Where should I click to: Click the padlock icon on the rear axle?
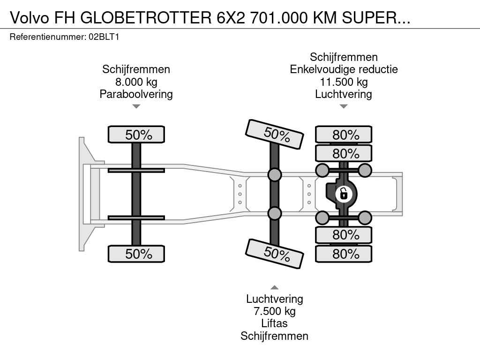pyautogui.click(x=344, y=194)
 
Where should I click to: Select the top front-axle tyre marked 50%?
pyautogui.click(x=136, y=135)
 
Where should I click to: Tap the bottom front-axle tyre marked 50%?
pyautogui.click(x=136, y=254)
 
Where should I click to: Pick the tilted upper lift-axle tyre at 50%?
pyautogui.click(x=275, y=134)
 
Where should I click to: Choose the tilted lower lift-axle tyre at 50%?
pyautogui.click(x=275, y=254)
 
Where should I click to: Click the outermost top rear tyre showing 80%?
pyautogui.click(x=344, y=135)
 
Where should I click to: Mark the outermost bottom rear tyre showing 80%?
pyautogui.click(x=344, y=254)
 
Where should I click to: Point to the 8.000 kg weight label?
pyautogui.click(x=136, y=82)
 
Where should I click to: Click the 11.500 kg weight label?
pyautogui.click(x=344, y=82)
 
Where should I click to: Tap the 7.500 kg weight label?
pyautogui.click(x=275, y=311)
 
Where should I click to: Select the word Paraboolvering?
pyautogui.click(x=136, y=94)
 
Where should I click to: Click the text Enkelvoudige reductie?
pyautogui.click(x=344, y=69)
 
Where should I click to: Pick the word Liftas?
pyautogui.click(x=275, y=323)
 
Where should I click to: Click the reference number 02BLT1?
pyautogui.click(x=104, y=37)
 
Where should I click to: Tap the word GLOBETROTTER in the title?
pyautogui.click(x=146, y=18)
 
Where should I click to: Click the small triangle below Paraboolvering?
pyautogui.click(x=136, y=106)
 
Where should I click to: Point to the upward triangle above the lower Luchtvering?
pyautogui.click(x=275, y=287)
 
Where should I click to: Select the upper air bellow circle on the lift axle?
pyautogui.click(x=275, y=175)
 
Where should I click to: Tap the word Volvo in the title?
pyautogui.click(x=30, y=18)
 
